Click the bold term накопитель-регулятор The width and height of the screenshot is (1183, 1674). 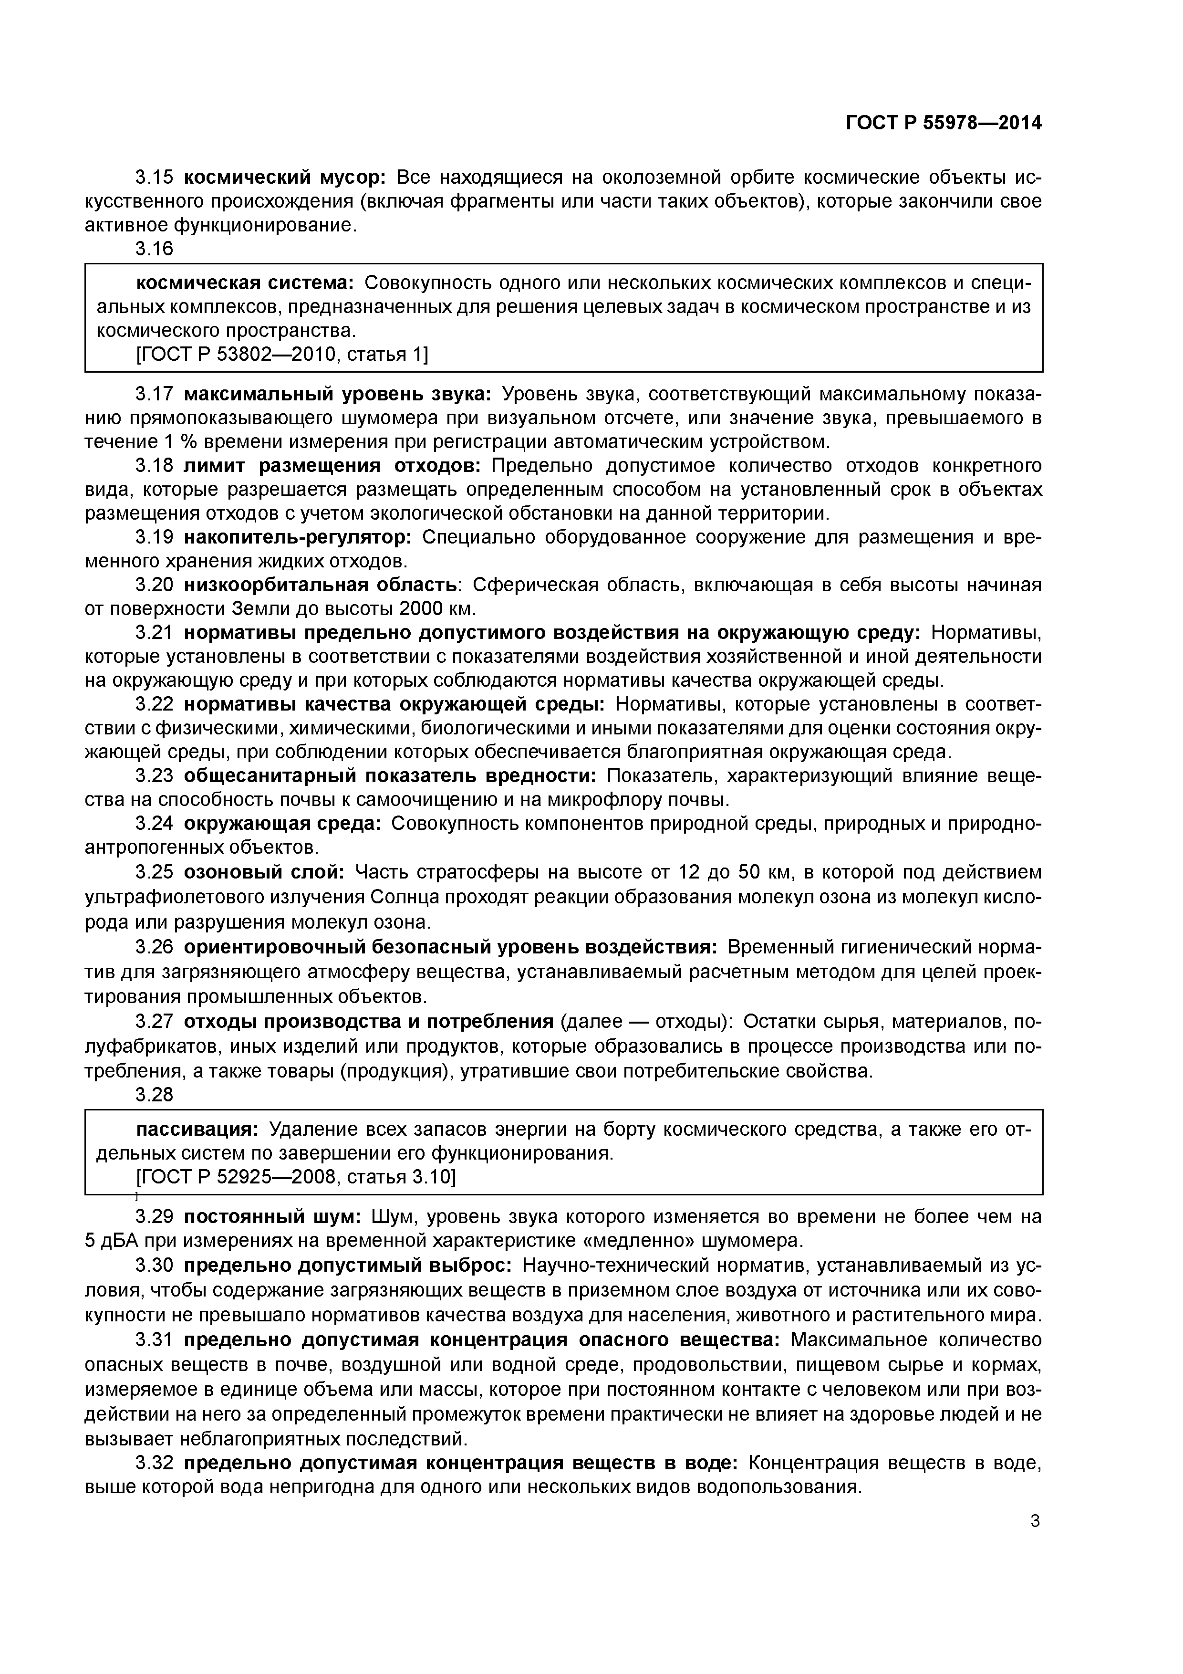(297, 537)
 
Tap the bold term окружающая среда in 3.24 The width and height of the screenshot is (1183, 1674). (282, 823)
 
